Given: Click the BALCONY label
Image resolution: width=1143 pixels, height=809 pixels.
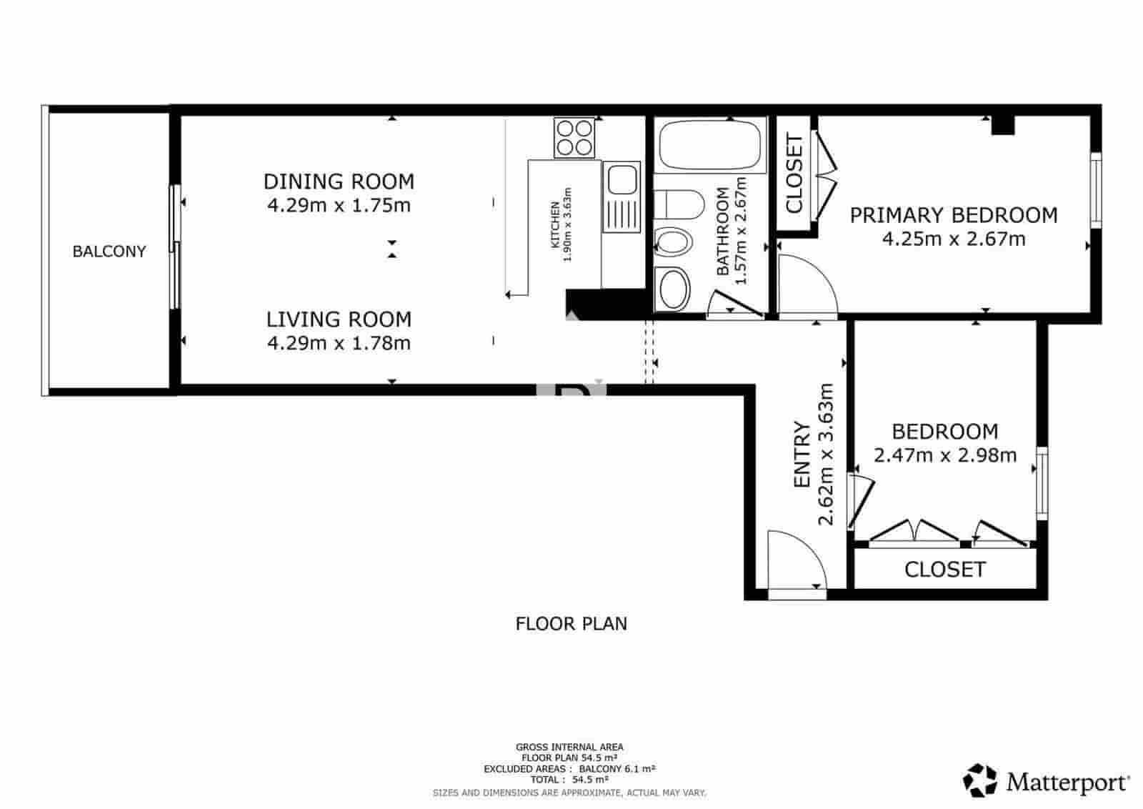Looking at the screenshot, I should (109, 252).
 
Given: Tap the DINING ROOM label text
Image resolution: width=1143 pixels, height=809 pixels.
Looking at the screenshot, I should (339, 182).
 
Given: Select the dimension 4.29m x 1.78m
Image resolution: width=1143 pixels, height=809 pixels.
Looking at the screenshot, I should (339, 343).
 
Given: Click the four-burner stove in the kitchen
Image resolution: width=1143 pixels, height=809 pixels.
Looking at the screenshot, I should (574, 138).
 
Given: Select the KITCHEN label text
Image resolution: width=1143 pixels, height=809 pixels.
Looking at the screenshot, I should (555, 226).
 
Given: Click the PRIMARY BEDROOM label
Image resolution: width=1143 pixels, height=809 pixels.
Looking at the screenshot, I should (953, 215).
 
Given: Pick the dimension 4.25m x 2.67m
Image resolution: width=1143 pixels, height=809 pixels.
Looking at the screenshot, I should (953, 239).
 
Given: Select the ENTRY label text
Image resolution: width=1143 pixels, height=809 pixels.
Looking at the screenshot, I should (802, 455).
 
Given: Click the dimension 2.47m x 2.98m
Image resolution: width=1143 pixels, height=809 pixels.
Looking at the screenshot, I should (944, 455).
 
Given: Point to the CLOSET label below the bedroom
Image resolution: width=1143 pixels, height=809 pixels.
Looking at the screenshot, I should (944, 570).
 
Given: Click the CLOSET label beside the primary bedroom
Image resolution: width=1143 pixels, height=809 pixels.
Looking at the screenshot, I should (794, 174).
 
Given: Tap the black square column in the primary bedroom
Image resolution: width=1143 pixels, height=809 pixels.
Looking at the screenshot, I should (1003, 125).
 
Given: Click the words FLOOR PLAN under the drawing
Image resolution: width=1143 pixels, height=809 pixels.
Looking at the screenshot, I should (571, 624).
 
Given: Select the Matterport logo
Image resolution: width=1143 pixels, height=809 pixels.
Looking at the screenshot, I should (1047, 781).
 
